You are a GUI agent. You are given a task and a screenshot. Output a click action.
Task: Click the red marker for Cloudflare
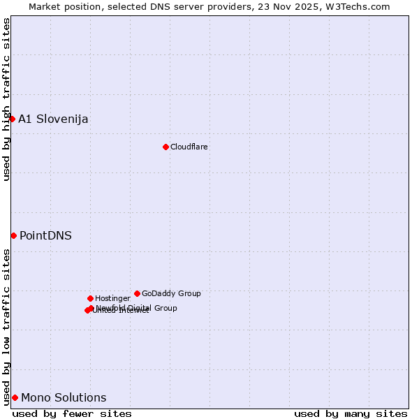click(x=166, y=147)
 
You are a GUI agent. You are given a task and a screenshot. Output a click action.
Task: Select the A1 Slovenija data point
click(x=12, y=119)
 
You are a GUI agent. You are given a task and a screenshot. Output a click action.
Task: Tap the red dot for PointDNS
click(x=13, y=235)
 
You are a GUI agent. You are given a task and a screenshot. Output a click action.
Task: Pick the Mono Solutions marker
click(x=15, y=397)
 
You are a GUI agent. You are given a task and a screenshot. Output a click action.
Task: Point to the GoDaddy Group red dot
click(x=137, y=293)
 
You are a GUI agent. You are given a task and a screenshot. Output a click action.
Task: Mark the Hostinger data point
click(x=90, y=298)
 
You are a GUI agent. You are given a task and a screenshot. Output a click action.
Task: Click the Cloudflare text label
click(x=189, y=147)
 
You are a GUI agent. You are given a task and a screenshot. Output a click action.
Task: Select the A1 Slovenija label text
click(x=53, y=119)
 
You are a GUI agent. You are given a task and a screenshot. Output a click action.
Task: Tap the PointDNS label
click(x=45, y=235)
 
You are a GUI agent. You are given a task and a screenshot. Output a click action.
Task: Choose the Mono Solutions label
click(x=64, y=397)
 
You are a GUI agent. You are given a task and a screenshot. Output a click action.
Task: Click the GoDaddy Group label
click(x=171, y=293)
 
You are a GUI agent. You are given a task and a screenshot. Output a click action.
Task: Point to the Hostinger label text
click(x=113, y=298)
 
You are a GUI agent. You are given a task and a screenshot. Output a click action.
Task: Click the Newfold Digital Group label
click(x=137, y=308)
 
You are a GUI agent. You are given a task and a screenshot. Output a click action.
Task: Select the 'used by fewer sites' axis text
click(x=72, y=413)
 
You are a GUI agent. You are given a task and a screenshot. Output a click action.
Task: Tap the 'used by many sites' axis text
click(x=351, y=413)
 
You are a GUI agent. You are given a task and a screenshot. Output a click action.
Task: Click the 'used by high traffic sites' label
click(x=6, y=99)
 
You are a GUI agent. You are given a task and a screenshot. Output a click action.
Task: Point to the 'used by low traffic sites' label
click(x=6, y=326)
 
